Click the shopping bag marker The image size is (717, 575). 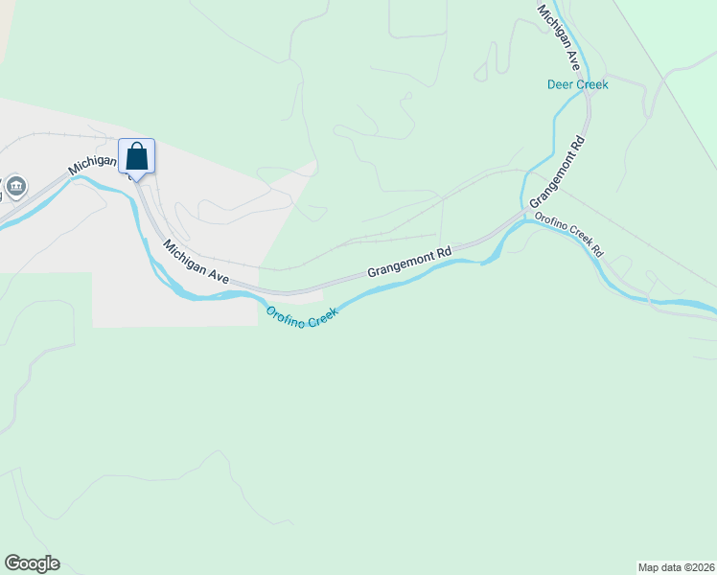click(136, 155)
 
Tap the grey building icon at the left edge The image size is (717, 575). click(15, 185)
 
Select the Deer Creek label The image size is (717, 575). click(577, 84)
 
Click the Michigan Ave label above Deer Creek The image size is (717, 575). click(560, 37)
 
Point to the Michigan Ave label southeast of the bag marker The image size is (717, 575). click(196, 262)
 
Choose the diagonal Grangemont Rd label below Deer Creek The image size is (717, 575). click(557, 172)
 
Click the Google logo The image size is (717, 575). click(32, 563)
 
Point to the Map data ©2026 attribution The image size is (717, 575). click(676, 566)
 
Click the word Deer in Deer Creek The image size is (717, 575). click(561, 84)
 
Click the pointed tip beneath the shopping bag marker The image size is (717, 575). click(136, 180)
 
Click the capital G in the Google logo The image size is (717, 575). click(12, 563)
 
